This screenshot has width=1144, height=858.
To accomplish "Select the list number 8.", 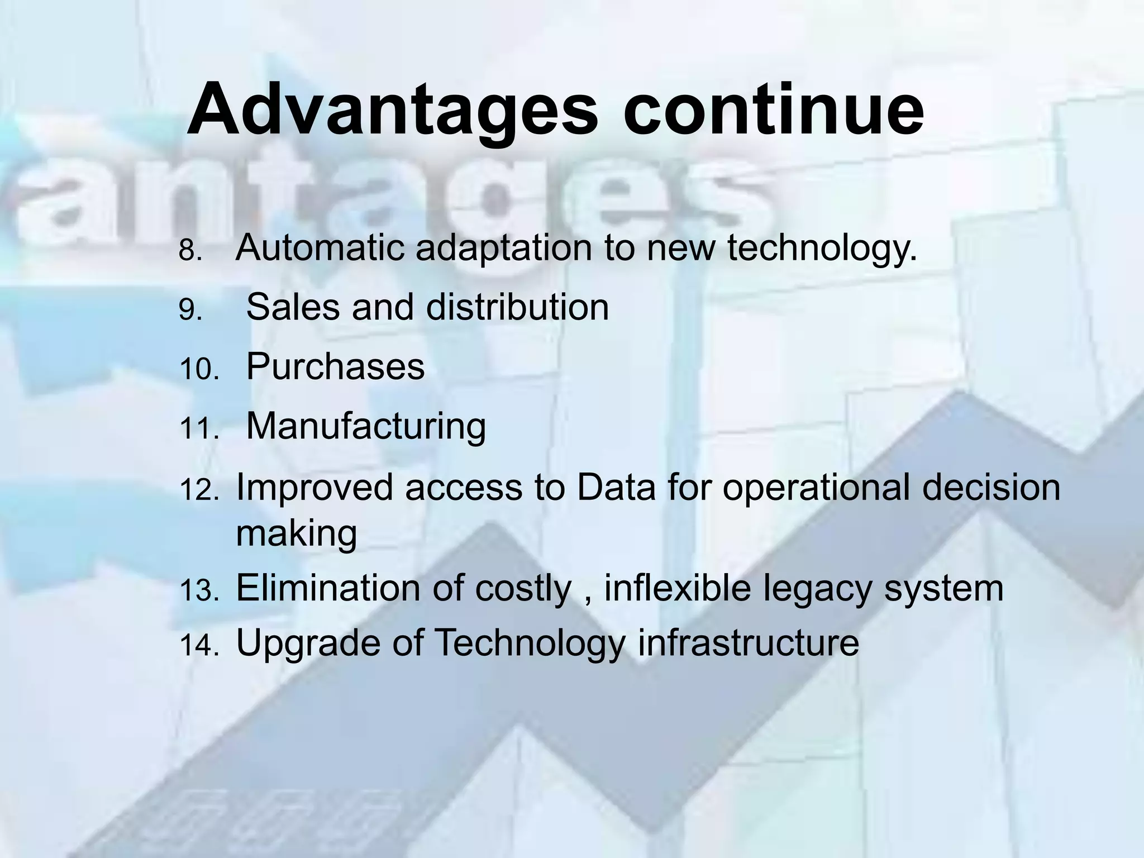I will pyautogui.click(x=190, y=251).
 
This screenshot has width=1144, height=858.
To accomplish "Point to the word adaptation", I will pyautogui.click(x=503, y=249).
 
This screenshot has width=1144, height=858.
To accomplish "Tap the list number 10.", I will pyautogui.click(x=199, y=370).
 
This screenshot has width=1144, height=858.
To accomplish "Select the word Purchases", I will pyautogui.click(x=335, y=366).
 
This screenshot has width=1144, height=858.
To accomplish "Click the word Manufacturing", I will pyautogui.click(x=366, y=426).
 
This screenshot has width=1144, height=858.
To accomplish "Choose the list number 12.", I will pyautogui.click(x=199, y=491).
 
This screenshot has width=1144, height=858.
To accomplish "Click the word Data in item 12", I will pyautogui.click(x=616, y=487).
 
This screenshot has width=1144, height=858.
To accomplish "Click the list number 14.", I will pyautogui.click(x=199, y=646).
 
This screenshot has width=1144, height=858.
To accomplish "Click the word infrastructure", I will pyautogui.click(x=749, y=642).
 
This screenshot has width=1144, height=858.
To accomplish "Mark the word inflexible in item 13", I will pyautogui.click(x=677, y=588).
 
